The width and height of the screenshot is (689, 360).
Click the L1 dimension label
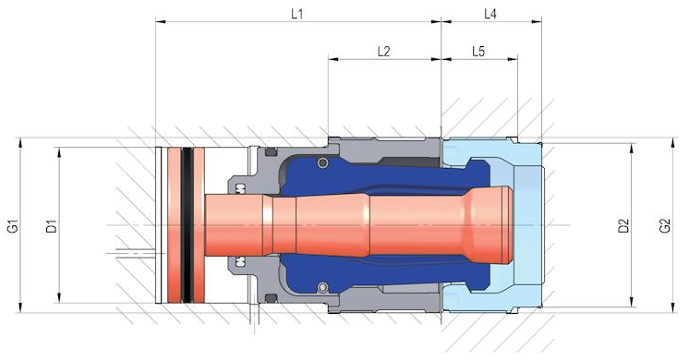tap(297, 14)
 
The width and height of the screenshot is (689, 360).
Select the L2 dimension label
tap(383, 52)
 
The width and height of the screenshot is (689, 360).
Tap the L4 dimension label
tap(490, 14)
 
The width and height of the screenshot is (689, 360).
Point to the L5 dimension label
tap(478, 52)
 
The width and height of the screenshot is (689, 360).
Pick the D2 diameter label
tap(623, 225)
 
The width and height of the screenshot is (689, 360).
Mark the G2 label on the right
tap(665, 225)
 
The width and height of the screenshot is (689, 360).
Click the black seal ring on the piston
tap(187, 225)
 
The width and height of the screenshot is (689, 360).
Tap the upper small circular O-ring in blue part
tap(323, 162)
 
